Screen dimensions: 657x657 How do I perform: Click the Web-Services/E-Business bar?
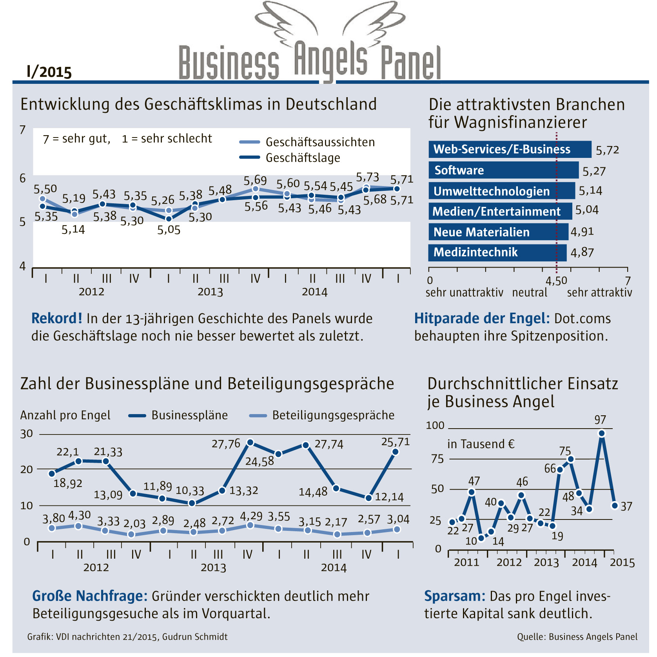(510, 149)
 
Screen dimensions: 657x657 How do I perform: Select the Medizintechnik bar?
(497, 252)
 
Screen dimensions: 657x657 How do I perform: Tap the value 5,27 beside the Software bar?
(594, 171)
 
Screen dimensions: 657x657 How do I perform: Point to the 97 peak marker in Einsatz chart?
(602, 433)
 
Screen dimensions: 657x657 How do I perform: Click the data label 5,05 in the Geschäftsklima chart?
(169, 230)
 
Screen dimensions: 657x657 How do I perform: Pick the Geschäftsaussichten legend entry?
(307, 142)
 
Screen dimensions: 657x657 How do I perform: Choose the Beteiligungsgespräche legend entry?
(322, 415)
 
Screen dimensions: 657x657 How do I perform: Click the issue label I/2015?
(49, 72)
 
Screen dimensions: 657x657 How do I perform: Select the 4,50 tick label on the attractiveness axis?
(556, 281)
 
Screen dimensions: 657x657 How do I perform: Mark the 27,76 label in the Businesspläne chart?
(226, 444)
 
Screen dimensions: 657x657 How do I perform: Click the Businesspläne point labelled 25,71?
(396, 452)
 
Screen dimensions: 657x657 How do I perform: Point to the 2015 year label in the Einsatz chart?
(622, 563)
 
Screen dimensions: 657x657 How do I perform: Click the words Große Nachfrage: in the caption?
(90, 596)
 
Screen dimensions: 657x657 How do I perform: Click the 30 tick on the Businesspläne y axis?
(27, 434)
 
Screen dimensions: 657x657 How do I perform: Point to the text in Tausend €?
(481, 444)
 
